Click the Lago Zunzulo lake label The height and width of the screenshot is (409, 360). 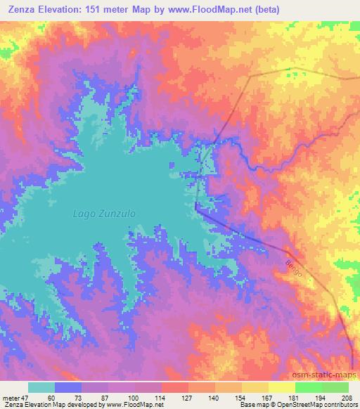coord(104,212)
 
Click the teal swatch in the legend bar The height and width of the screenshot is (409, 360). coord(41,387)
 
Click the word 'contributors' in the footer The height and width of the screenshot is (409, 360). coord(339,405)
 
